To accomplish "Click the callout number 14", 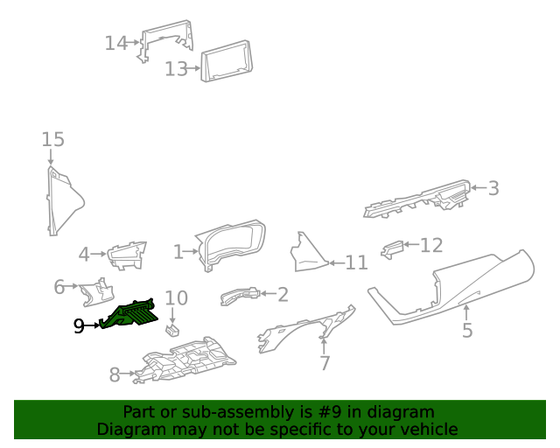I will pyautogui.click(x=115, y=43).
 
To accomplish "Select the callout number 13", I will pyautogui.click(x=176, y=68).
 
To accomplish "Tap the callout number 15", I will pyautogui.click(x=52, y=139).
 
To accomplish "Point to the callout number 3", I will pyautogui.click(x=493, y=187).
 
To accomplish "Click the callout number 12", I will pyautogui.click(x=431, y=246).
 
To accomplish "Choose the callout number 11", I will pyautogui.click(x=356, y=262).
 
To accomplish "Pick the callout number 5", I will pyautogui.click(x=466, y=330).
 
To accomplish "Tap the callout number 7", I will pyautogui.click(x=325, y=362).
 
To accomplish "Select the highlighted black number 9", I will pyautogui.click(x=79, y=326).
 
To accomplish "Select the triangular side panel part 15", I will pyautogui.click(x=61, y=200).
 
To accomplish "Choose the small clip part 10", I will pyautogui.click(x=172, y=330).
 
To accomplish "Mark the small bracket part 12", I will pyautogui.click(x=393, y=249).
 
